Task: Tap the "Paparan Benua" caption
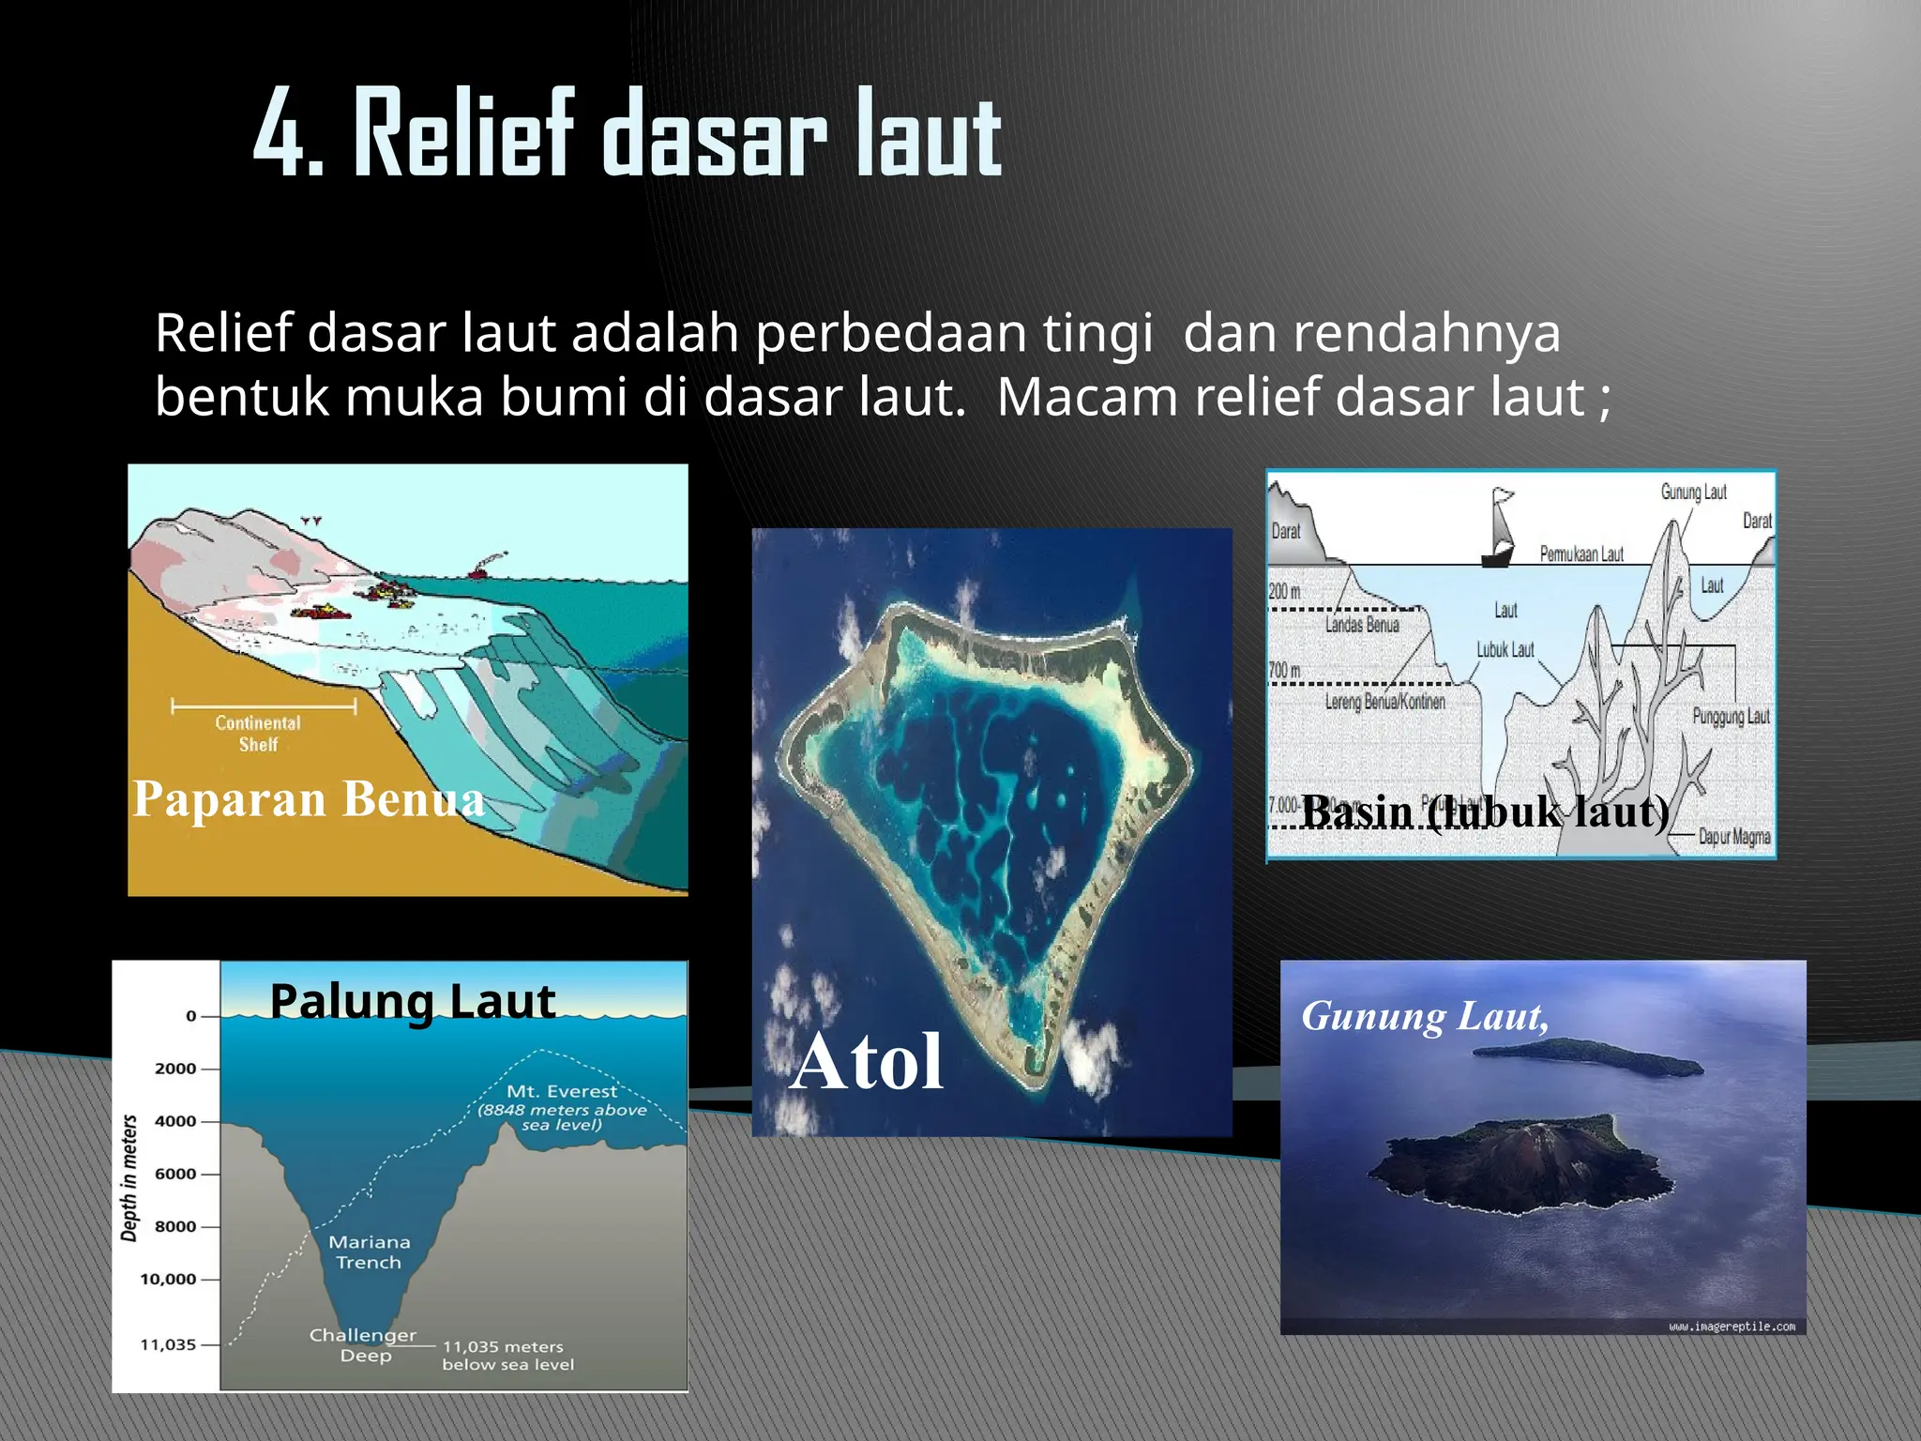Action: pos(309,799)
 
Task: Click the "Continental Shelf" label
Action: pos(258,734)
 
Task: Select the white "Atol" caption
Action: pos(867,1062)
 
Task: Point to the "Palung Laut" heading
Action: pos(413,1001)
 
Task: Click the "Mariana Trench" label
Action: pos(369,1252)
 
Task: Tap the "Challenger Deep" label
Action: pos(363,1345)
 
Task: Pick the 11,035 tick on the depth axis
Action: pos(168,1344)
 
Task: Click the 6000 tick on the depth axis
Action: pos(175,1174)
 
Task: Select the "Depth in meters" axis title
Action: pos(129,1178)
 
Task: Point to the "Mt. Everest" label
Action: pos(562,1091)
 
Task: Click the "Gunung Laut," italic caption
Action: pos(1425,1017)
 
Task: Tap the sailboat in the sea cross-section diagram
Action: pos(1499,531)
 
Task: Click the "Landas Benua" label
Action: pos(1362,625)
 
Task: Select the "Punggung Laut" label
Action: pos(1731,717)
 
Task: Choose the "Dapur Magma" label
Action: pos(1734,836)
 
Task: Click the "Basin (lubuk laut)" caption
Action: pos(1486,812)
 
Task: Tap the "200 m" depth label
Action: pos(1285,591)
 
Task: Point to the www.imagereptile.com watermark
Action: pos(1732,1327)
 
